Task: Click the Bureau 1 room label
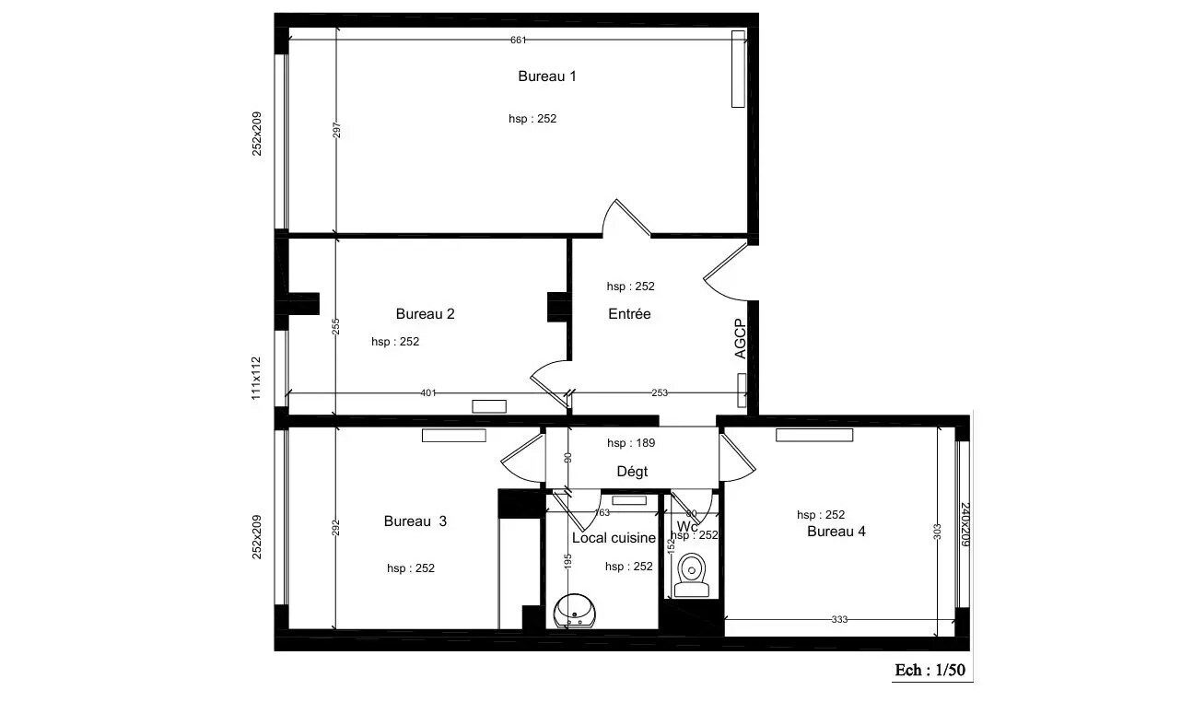tap(546, 76)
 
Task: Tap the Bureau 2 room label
tap(425, 313)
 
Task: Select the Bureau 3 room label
tap(415, 521)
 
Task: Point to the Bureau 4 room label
tap(836, 532)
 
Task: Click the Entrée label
tap(629, 314)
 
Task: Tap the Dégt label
tap(632, 472)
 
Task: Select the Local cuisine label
tap(614, 538)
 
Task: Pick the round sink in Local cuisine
tap(575, 611)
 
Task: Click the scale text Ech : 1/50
tap(930, 670)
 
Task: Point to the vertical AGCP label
tap(740, 339)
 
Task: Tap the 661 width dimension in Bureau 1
tap(519, 40)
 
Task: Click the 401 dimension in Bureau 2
tap(427, 393)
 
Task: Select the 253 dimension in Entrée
tap(660, 393)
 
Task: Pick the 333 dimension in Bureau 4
tap(839, 620)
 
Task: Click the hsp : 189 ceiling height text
tap(631, 443)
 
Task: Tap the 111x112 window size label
tap(257, 378)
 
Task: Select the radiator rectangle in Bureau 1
tap(738, 69)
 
